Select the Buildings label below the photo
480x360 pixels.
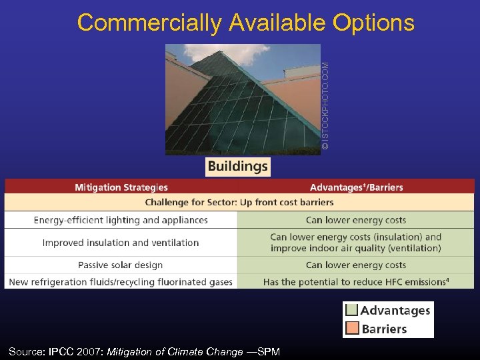[237, 167]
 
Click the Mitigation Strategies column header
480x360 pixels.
[121, 187]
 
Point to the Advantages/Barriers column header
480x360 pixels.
[356, 187]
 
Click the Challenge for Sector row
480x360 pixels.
[239, 202]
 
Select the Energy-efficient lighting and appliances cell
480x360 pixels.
[121, 220]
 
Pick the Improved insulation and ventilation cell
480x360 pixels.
[121, 243]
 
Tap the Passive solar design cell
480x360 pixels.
[121, 265]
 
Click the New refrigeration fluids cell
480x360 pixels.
[121, 282]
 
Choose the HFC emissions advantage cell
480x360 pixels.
[356, 282]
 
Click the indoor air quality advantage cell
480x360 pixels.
[356, 243]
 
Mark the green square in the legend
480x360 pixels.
[351, 310]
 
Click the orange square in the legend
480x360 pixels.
[351, 329]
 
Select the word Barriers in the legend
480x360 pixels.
[384, 329]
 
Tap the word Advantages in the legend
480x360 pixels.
[395, 310]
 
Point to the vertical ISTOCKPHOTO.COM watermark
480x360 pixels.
[325, 105]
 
